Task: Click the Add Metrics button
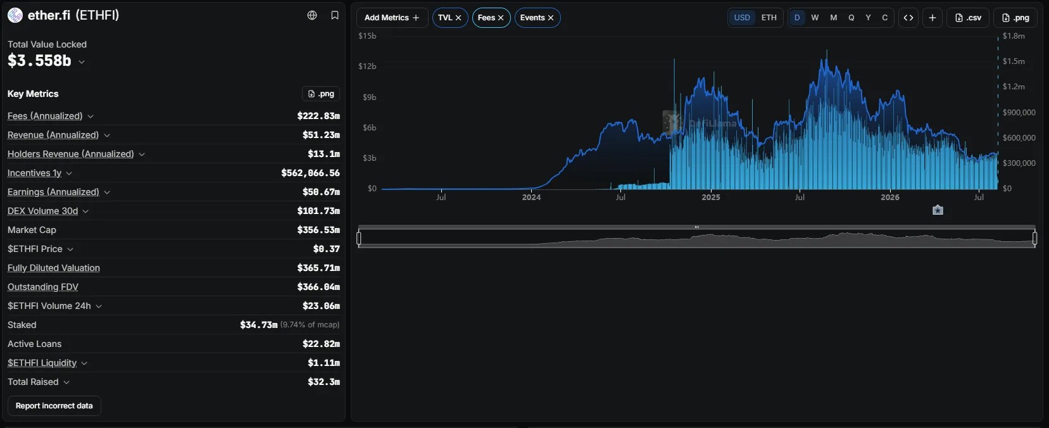point(392,18)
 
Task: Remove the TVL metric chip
point(458,18)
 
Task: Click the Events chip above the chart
point(537,18)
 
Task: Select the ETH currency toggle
point(769,18)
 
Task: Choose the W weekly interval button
point(815,18)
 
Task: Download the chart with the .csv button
point(968,18)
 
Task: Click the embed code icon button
point(908,18)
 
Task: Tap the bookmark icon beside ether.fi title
point(334,15)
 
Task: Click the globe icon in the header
point(312,15)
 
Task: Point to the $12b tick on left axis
point(367,66)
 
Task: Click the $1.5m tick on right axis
point(1014,61)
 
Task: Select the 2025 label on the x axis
point(710,197)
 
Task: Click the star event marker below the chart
point(938,210)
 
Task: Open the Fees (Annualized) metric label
point(45,116)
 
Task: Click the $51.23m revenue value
point(321,135)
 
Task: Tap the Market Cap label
point(32,230)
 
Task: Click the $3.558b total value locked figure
point(39,61)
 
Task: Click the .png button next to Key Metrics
point(321,94)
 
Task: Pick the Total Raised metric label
point(33,382)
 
